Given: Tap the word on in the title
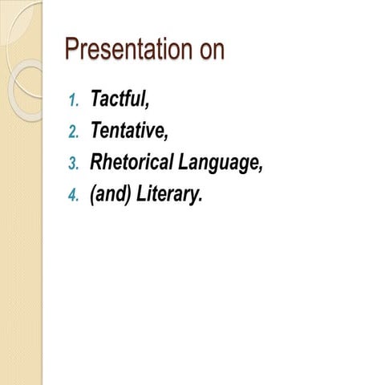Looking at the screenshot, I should (209, 51).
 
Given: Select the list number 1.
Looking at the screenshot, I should (74, 101).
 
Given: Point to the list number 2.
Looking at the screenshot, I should (74, 132).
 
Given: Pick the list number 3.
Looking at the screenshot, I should (74, 164).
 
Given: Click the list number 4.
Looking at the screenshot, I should (74, 197).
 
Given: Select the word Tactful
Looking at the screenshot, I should (118, 99).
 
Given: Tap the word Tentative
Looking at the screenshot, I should (127, 131).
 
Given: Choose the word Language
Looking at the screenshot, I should (218, 164).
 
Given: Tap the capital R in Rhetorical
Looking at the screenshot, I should (96, 163).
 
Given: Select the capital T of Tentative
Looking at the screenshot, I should (95, 131).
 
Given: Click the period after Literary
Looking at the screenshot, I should (201, 201).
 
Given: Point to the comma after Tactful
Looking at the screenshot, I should (148, 106).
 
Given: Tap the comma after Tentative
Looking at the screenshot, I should (166, 137).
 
